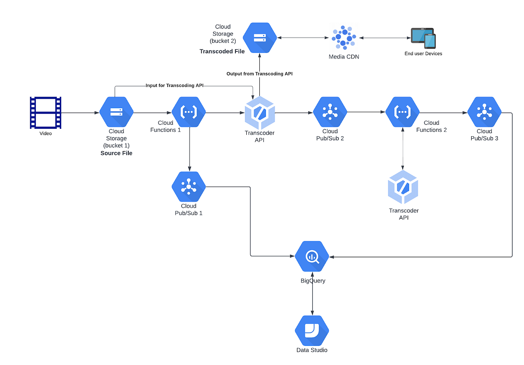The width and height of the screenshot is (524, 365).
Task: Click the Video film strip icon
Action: (45, 113)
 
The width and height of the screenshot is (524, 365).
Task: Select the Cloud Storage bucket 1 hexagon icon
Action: (116, 112)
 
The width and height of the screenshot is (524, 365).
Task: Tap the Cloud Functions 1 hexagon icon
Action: (189, 112)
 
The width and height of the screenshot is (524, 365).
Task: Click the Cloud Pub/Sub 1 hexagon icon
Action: (189, 187)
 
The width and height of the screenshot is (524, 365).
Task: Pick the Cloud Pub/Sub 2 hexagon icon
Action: (330, 112)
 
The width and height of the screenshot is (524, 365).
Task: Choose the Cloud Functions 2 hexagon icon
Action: (402, 112)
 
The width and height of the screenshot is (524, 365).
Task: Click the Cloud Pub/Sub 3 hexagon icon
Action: (484, 112)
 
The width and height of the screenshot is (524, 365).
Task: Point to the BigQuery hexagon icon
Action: (312, 257)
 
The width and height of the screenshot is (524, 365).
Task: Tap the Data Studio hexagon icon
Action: (312, 330)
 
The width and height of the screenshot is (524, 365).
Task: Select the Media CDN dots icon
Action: (344, 38)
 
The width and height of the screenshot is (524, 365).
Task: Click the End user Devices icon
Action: (423, 38)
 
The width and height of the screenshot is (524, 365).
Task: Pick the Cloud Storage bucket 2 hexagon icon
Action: (260, 38)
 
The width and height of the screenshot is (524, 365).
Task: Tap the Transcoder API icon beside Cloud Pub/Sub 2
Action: (260, 113)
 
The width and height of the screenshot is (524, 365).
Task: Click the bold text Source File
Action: (116, 153)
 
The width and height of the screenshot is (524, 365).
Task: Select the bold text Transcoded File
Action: (222, 51)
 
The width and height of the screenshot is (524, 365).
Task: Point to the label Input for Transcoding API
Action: (175, 86)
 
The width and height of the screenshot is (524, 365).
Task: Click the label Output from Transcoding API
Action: (259, 74)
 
